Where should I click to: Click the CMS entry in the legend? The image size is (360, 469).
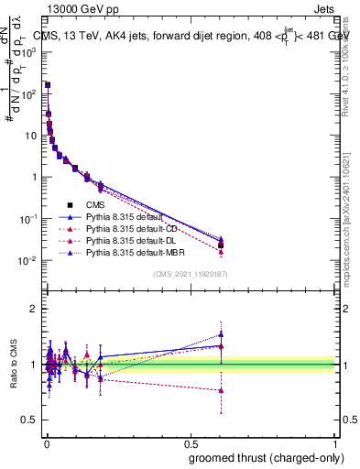click(96, 205)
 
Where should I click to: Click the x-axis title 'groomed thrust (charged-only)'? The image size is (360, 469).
click(265, 457)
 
